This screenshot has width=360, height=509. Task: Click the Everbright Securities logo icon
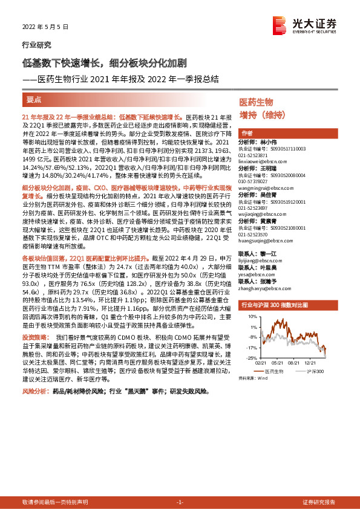tap(280, 25)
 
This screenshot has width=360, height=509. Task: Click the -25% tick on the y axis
tap(243, 358)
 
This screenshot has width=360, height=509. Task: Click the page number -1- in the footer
tap(179, 502)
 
